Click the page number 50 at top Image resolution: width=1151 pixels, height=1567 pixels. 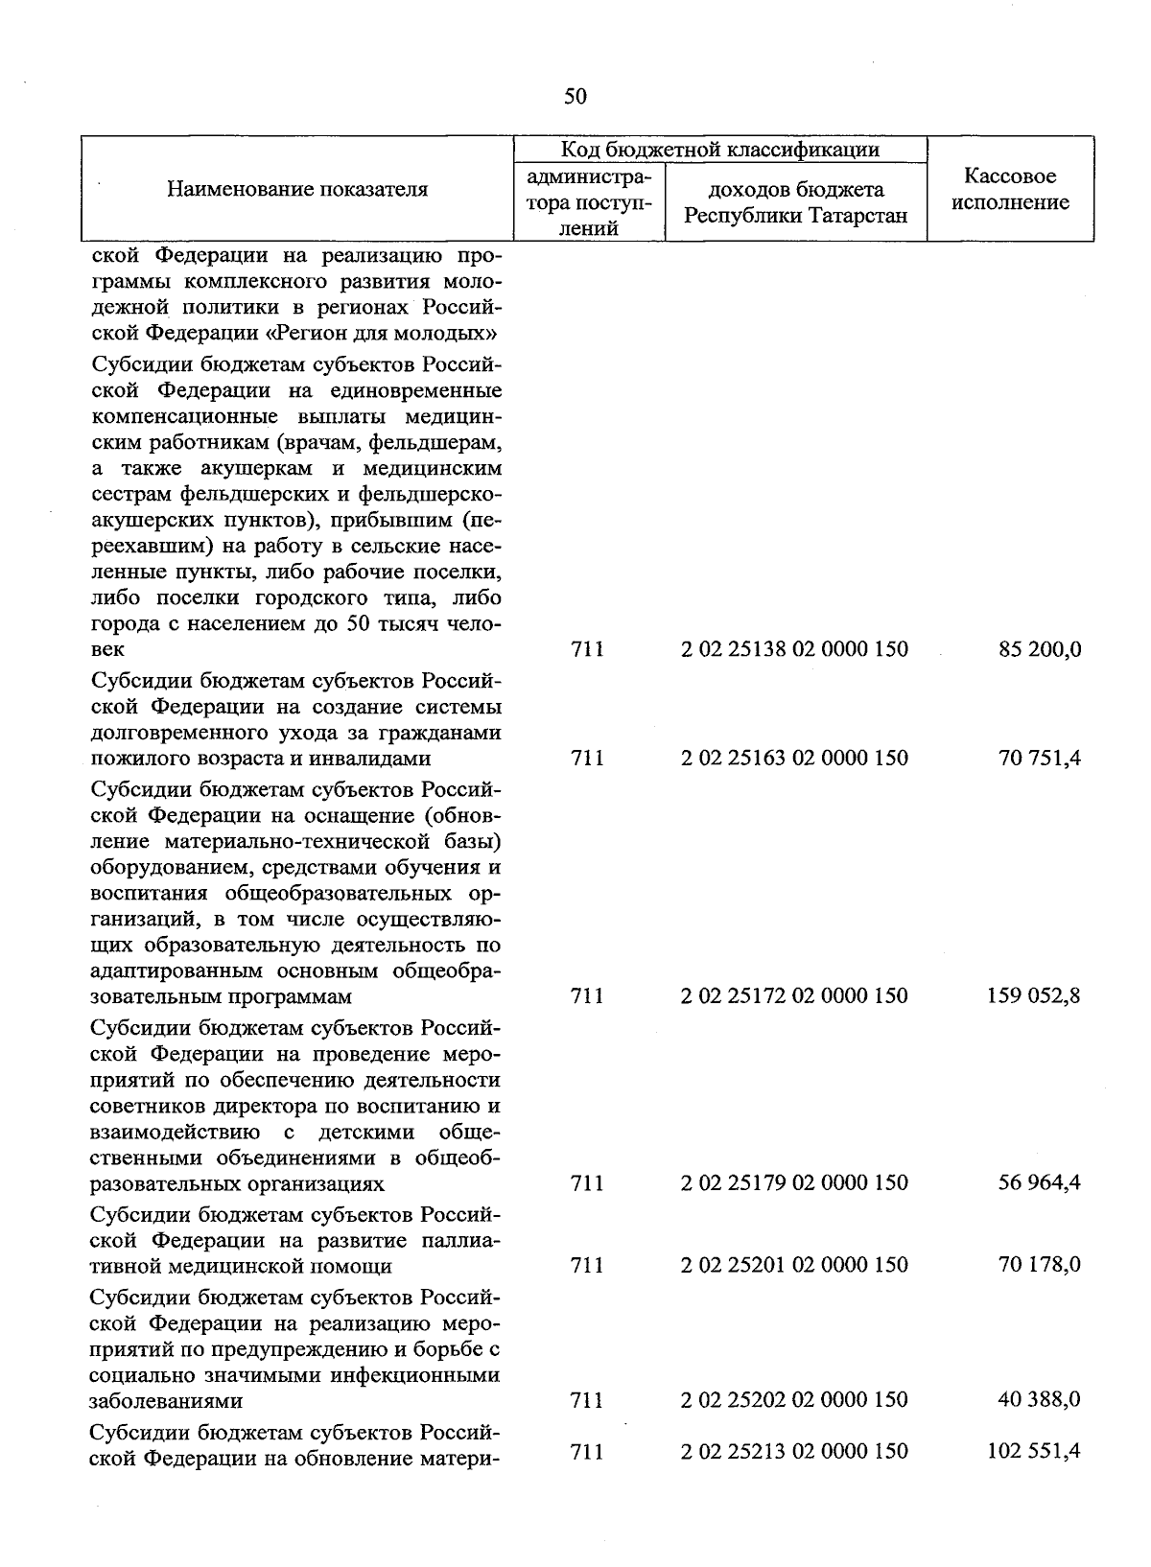tap(575, 96)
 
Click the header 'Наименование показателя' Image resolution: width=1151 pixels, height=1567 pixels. tap(297, 189)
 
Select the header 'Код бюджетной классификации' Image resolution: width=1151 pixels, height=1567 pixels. tap(719, 150)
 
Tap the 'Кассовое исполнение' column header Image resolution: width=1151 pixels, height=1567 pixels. tap(1010, 189)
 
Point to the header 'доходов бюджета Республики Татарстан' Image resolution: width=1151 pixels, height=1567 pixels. tap(795, 202)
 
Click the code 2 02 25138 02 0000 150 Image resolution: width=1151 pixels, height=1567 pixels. tap(794, 649)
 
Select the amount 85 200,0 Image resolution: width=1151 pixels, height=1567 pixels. tap(1040, 649)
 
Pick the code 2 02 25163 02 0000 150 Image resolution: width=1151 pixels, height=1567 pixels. tap(794, 758)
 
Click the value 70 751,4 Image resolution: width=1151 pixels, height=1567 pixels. tap(1040, 758)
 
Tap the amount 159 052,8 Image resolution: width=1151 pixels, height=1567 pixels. tap(1034, 995)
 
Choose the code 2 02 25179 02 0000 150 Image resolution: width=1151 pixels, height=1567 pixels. tap(794, 1182)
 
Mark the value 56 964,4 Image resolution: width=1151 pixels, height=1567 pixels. tap(1040, 1182)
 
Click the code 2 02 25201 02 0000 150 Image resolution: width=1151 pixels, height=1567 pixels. tap(794, 1265)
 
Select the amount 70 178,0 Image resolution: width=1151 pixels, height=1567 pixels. tap(1040, 1265)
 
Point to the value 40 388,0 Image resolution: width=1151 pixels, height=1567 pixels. tap(1040, 1399)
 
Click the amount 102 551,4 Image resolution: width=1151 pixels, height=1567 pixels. tap(1034, 1451)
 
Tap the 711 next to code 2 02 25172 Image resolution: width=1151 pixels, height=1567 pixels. tap(587, 995)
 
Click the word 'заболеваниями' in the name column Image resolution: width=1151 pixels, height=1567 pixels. tap(166, 1400)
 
